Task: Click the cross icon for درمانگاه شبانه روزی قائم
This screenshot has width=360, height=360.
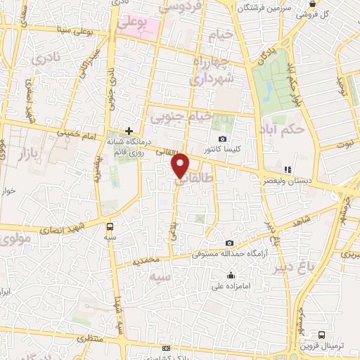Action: click(x=129, y=130)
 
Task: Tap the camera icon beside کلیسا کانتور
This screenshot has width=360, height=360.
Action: click(x=223, y=139)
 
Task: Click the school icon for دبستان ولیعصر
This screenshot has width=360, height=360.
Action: click(x=287, y=169)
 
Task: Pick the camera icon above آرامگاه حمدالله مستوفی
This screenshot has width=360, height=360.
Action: click(x=229, y=243)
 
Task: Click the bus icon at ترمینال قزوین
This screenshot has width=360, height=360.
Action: click(x=321, y=335)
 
